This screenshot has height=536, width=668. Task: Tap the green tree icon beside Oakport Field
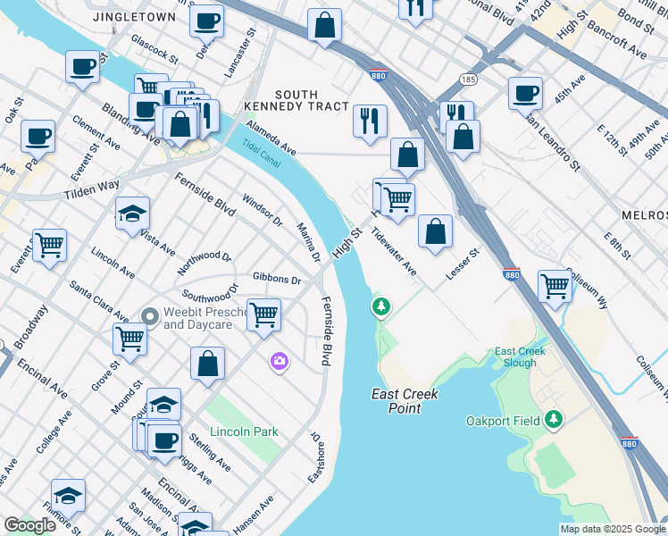(x=554, y=419)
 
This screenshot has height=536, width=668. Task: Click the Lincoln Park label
(x=244, y=431)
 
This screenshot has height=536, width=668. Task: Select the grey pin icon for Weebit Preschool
(x=149, y=316)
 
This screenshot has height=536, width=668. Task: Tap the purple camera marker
(x=280, y=361)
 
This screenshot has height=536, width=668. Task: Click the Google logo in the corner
(x=29, y=525)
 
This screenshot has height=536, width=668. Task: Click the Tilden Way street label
(x=91, y=189)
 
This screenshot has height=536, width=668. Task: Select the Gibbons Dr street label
(x=276, y=280)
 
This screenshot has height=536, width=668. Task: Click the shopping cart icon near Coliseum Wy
(x=555, y=286)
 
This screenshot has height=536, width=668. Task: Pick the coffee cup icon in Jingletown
(x=206, y=20)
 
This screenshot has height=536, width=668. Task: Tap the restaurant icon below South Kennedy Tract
(x=370, y=121)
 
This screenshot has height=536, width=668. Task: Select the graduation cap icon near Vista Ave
(x=132, y=213)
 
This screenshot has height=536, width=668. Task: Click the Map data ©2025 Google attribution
(x=613, y=529)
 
